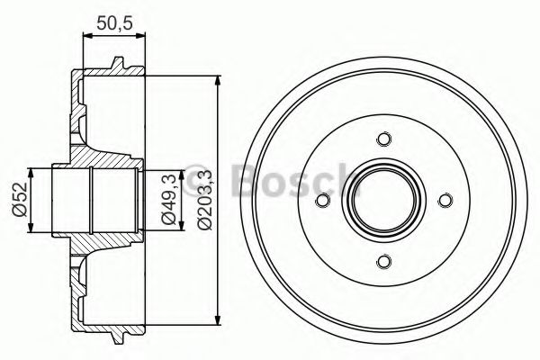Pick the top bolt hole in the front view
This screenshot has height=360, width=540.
(x=384, y=139)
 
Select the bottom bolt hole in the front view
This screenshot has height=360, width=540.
(x=384, y=262)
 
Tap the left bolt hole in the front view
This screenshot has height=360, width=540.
(x=323, y=201)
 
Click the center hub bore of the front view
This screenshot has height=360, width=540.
(x=384, y=201)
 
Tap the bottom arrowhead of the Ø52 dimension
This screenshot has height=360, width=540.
(x=31, y=229)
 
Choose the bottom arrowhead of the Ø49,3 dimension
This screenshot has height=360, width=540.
(x=148, y=229)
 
